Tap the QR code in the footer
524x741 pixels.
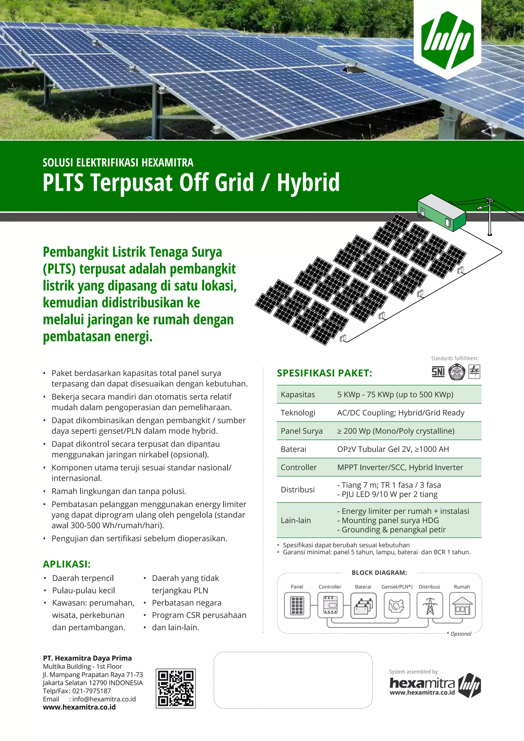[176, 688]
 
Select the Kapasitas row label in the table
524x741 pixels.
[298, 394]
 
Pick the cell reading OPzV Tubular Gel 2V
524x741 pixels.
[393, 449]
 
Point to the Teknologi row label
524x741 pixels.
[298, 412]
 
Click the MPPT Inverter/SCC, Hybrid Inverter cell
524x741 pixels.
[400, 467]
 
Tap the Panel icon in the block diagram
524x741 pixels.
[297, 605]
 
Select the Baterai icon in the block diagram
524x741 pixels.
[363, 605]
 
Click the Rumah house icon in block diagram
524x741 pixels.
[462, 605]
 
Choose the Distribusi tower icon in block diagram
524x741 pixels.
[430, 605]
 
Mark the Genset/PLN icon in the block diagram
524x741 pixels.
[397, 605]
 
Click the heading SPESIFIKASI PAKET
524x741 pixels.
[324, 373]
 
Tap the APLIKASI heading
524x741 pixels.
[67, 564]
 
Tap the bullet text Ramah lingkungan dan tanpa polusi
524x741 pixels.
[119, 491]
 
